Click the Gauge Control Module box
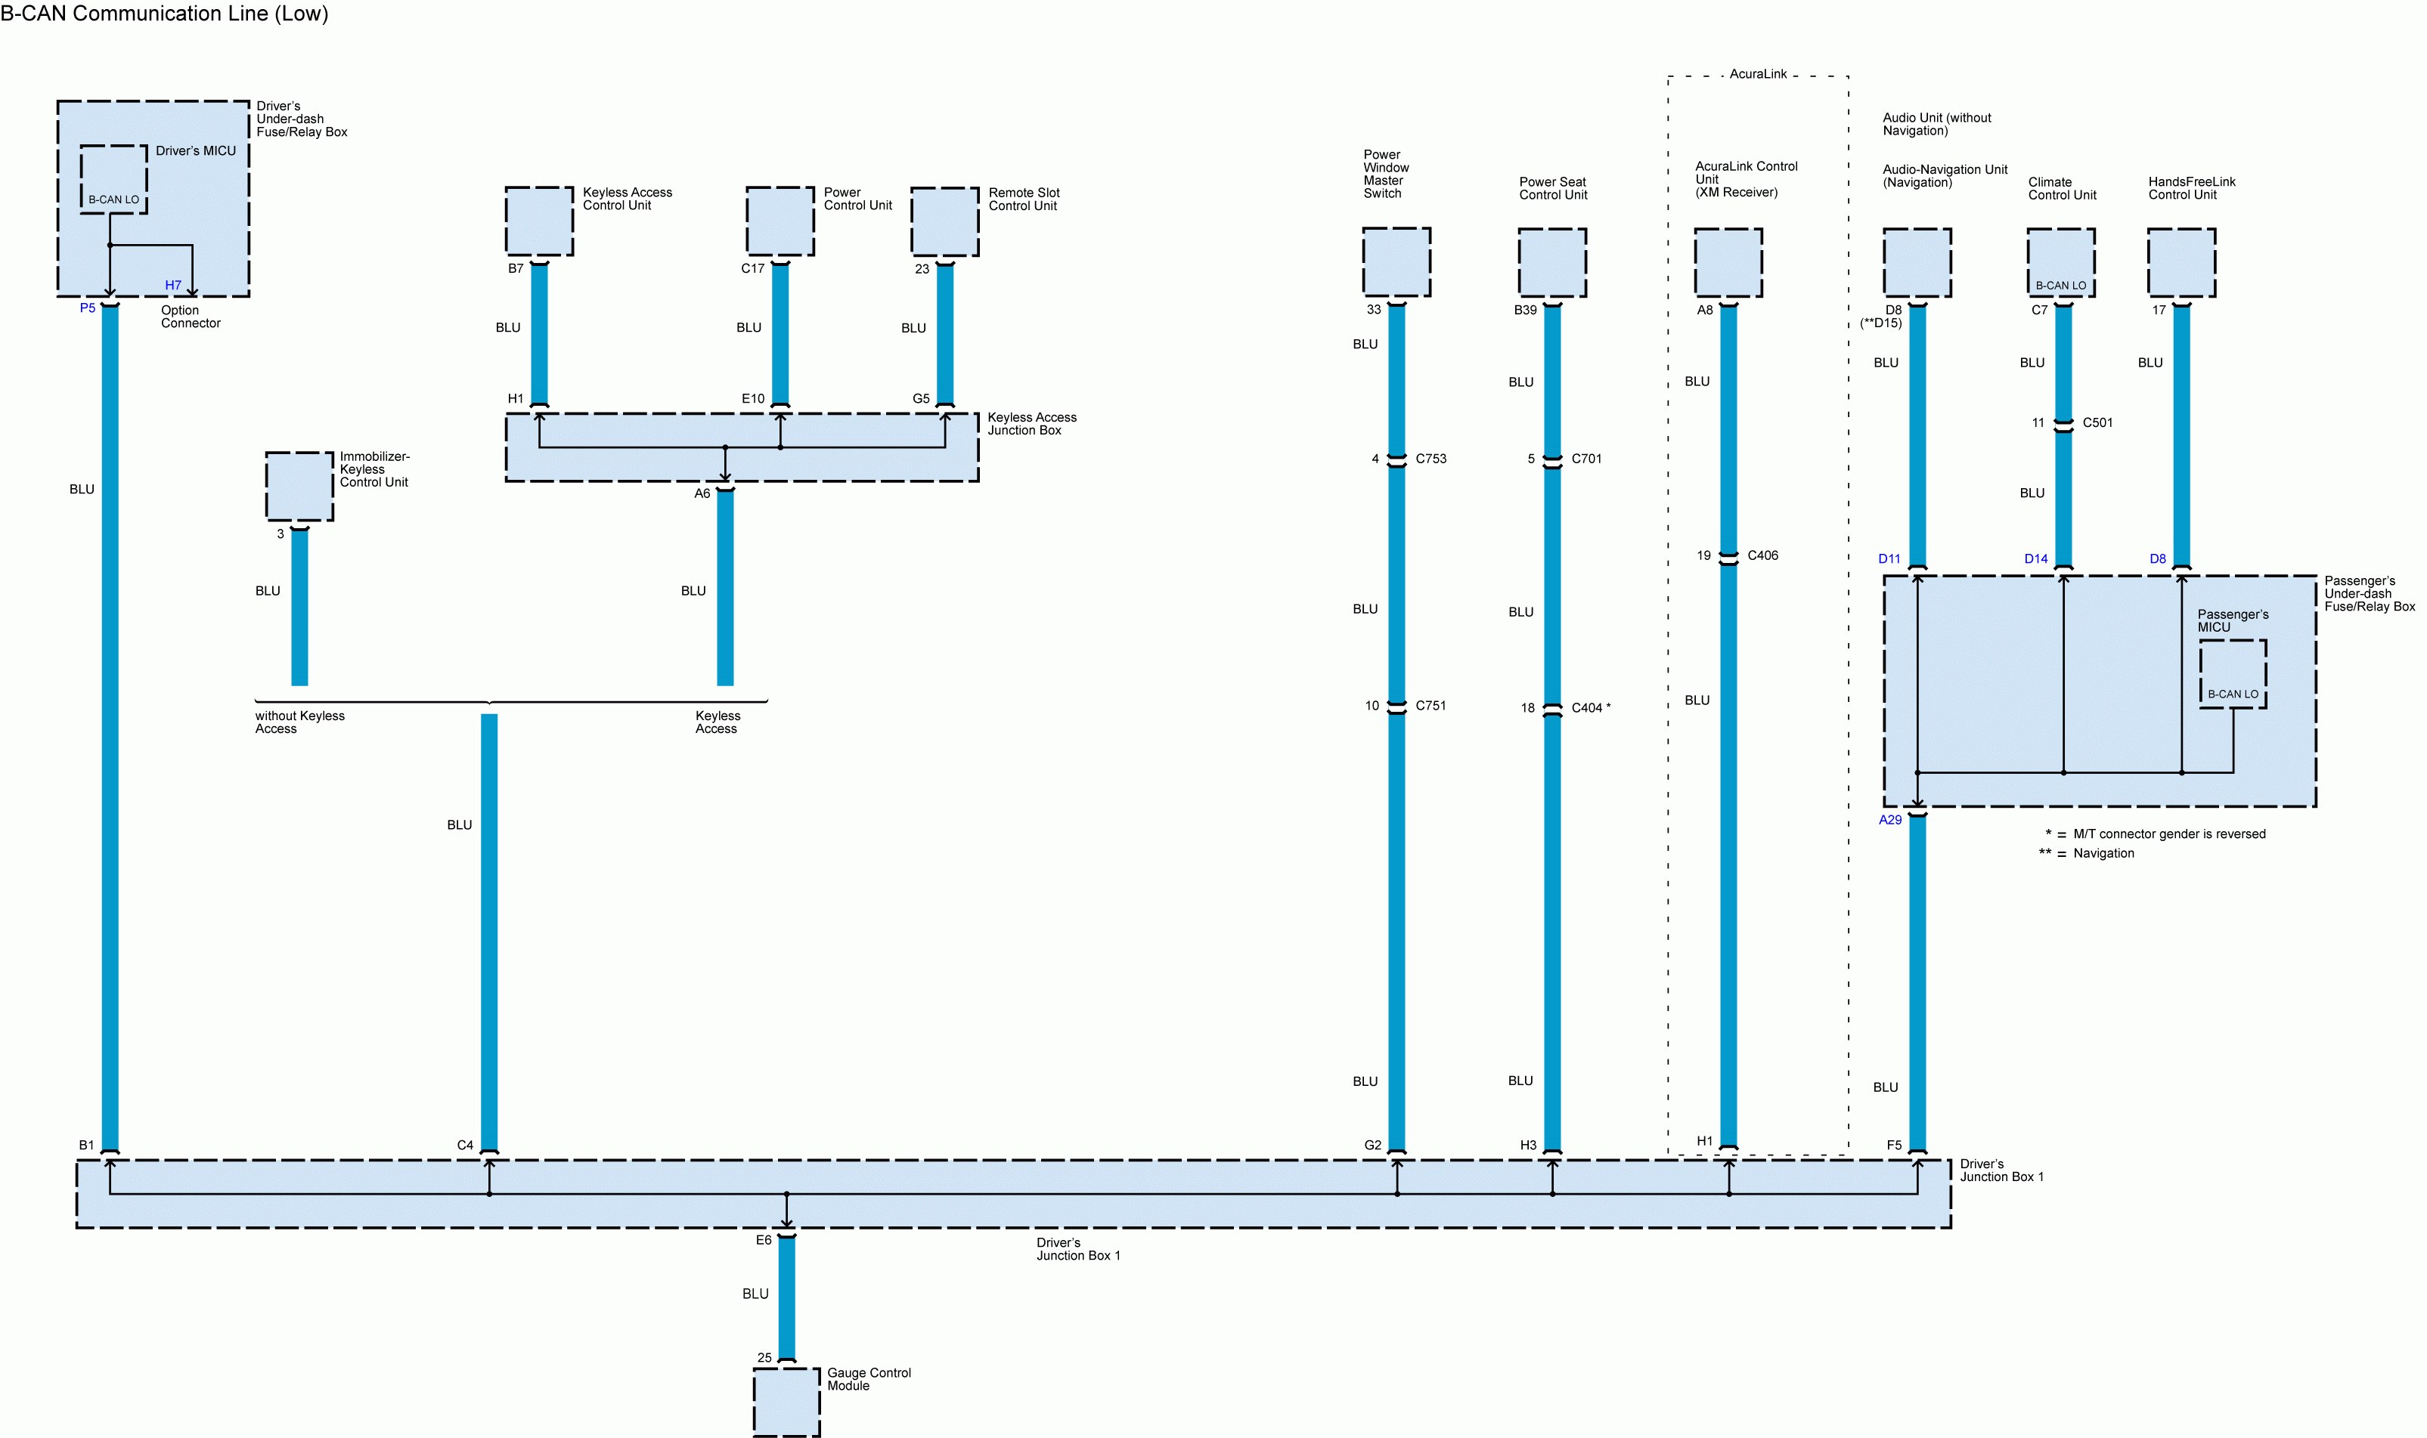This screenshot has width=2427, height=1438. (x=786, y=1401)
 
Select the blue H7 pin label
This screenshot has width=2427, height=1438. (x=172, y=286)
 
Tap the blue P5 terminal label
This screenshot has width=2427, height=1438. (x=87, y=308)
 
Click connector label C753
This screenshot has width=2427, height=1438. (x=1430, y=459)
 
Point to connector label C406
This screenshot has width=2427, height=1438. (x=1762, y=556)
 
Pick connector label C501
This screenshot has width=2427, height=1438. (x=2097, y=423)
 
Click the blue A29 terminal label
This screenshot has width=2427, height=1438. (x=1890, y=821)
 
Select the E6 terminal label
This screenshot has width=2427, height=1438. (x=764, y=1240)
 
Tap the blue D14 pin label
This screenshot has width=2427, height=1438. (x=2035, y=559)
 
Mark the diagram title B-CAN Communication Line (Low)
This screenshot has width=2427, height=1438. (x=165, y=14)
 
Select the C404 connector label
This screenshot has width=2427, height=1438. (x=1587, y=708)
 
